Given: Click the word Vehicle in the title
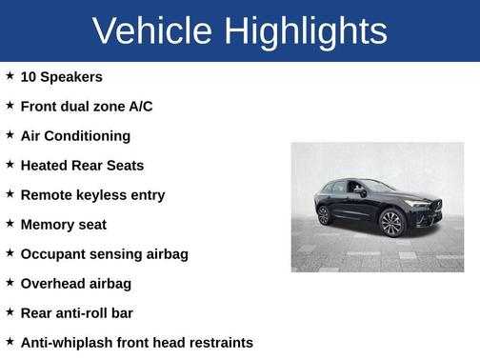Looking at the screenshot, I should point(152,30).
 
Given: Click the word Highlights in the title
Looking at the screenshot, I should point(307,30).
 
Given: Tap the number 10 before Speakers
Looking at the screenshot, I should point(29,76).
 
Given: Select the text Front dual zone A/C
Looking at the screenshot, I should point(86,106).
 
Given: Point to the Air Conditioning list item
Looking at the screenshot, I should point(75,135).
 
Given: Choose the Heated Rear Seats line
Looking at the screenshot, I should point(82,165).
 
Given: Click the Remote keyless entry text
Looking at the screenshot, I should point(92,194).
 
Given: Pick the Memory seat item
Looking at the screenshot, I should point(63,224).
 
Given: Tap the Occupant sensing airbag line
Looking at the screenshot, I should point(104,253).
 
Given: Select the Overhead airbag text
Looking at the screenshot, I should point(75,283).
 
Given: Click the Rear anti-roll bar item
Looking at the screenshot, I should point(76,312).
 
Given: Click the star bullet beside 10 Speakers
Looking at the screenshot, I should point(10,75).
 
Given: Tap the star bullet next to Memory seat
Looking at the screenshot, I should point(10,223).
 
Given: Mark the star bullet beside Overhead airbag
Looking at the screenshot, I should point(10,282).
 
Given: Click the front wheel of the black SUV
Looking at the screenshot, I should point(390,223).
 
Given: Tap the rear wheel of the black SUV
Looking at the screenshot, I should point(324,215).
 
